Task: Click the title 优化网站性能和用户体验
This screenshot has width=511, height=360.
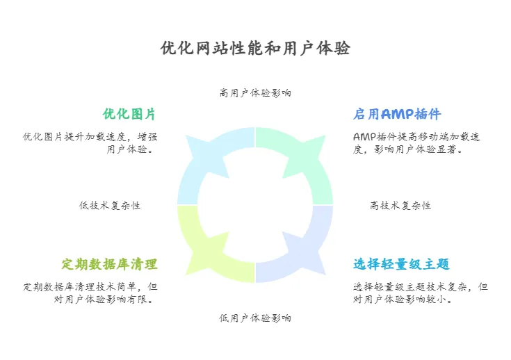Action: pyautogui.click(x=255, y=48)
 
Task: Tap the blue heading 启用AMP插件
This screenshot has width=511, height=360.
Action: pyautogui.click(x=397, y=114)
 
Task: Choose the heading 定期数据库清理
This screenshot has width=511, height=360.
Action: pyautogui.click(x=109, y=264)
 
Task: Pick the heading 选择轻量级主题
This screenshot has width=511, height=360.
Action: pyautogui.click(x=401, y=264)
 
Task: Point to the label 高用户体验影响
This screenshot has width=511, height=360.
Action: pyautogui.click(x=255, y=92)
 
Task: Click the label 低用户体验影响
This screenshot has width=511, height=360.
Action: pyautogui.click(x=255, y=318)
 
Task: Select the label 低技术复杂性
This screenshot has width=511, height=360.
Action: pyautogui.click(x=110, y=206)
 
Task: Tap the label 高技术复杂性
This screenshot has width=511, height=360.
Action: pyautogui.click(x=400, y=206)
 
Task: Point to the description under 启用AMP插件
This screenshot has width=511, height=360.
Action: pyautogui.click(x=416, y=142)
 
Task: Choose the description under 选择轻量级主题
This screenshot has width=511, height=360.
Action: pyautogui.click(x=420, y=293)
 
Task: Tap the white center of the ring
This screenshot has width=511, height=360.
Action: pyautogui.click(x=255, y=205)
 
